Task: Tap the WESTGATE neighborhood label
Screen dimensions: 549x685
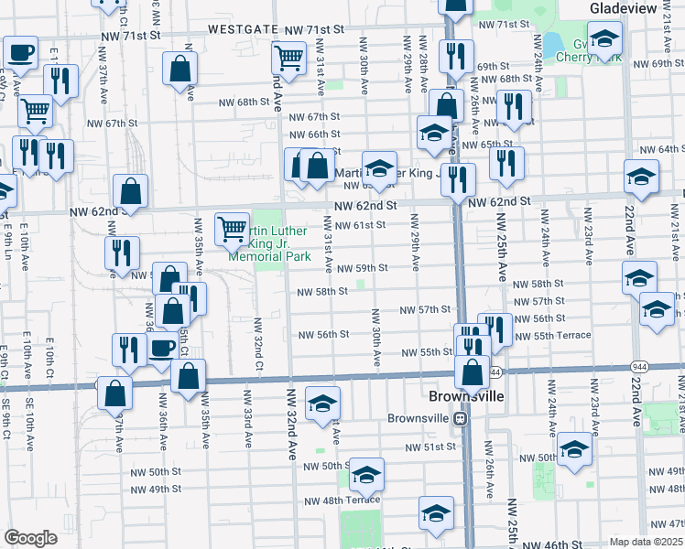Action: click(x=244, y=29)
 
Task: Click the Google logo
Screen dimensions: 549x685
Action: click(x=30, y=538)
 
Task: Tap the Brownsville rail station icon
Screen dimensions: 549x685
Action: click(x=463, y=418)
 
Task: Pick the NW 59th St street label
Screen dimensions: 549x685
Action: click(x=363, y=268)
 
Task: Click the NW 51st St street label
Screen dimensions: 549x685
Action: click(x=431, y=447)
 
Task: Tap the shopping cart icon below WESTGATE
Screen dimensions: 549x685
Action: click(x=288, y=58)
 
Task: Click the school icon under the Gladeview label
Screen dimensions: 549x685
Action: click(x=604, y=39)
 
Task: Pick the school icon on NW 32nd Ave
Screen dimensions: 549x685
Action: click(x=322, y=404)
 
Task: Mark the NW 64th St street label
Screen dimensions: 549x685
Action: click(x=658, y=148)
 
